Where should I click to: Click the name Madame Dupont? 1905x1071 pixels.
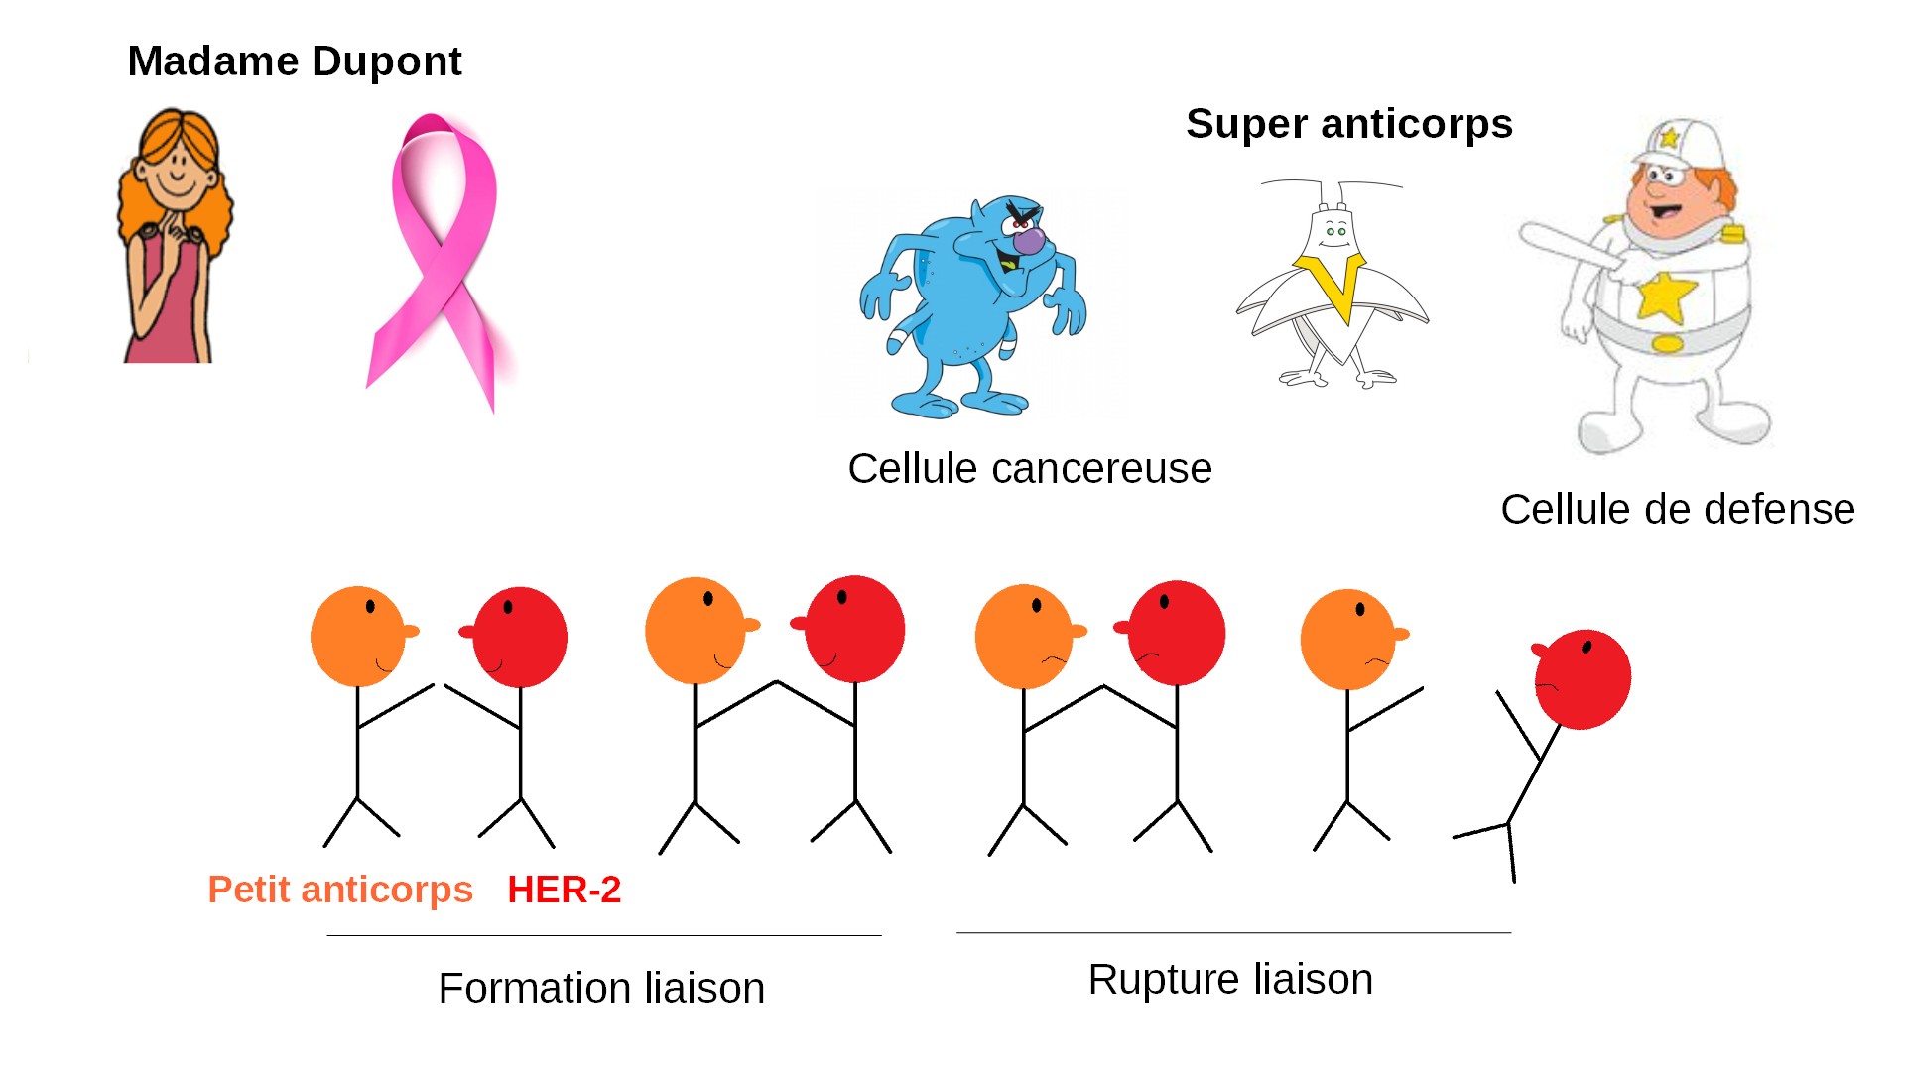pos(295,61)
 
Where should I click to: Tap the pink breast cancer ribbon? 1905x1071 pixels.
pos(437,258)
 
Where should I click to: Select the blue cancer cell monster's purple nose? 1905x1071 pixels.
pos(1029,240)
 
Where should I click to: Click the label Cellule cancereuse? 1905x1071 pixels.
pos(1030,469)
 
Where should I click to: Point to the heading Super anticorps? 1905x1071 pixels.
pos(1349,124)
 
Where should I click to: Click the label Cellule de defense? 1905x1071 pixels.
pos(1678,510)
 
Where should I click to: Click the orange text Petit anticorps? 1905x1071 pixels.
pos(340,890)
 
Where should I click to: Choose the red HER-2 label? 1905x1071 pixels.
pos(564,890)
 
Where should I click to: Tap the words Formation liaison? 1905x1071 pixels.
pos(601,988)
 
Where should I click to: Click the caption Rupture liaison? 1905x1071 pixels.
pos(1230,980)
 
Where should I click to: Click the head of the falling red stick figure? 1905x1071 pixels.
pos(1583,679)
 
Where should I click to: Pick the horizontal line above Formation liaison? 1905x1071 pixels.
pos(603,935)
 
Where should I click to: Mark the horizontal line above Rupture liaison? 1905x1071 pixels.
pos(1233,932)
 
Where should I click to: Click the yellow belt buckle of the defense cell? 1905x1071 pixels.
pos(1667,344)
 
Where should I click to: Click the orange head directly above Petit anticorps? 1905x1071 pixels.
pos(358,636)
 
